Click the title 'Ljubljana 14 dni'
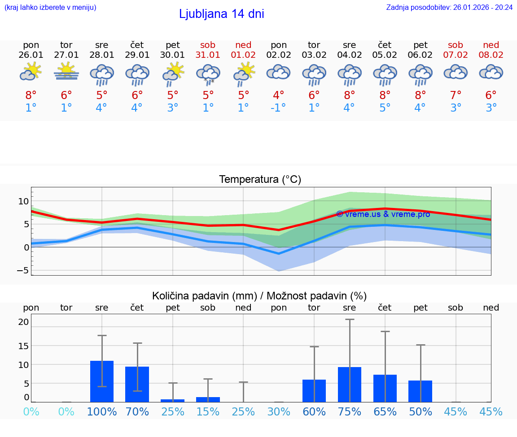(221, 14)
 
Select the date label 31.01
(208, 55)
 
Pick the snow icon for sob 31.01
(208, 74)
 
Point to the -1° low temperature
(278, 108)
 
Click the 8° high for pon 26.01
(31, 95)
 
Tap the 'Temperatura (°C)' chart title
(260, 180)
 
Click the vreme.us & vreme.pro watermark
(383, 214)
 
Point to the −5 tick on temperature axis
(22, 270)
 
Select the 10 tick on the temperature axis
(23, 201)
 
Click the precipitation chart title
(259, 296)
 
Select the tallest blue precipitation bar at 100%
(102, 381)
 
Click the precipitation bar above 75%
(350, 385)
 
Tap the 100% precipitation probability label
(102, 411)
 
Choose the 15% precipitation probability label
(208, 411)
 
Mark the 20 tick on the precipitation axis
(23, 322)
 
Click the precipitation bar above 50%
(420, 391)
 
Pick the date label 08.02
(491, 55)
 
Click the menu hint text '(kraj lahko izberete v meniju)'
(50, 7)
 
